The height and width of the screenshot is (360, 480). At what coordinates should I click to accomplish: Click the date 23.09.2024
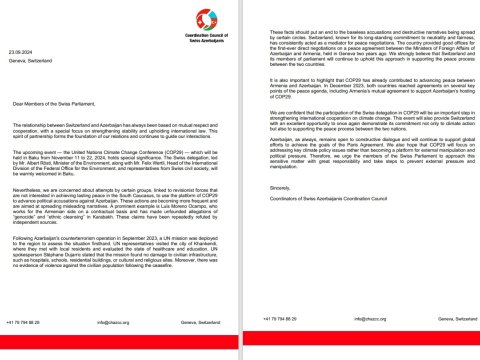(20, 48)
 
